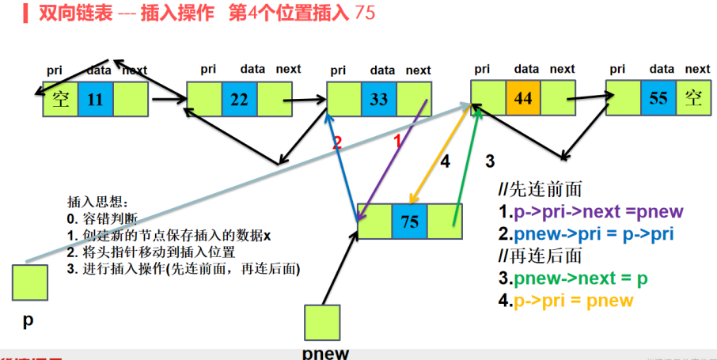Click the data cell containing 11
tap(95, 100)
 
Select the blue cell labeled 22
tap(239, 100)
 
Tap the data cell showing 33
tap(379, 100)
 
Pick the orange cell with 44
tap(523, 99)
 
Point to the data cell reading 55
tap(658, 99)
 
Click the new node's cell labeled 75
tap(409, 221)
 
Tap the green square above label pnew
tap(322, 324)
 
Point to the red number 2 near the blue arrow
tap(336, 143)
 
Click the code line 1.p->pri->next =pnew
tap(590, 212)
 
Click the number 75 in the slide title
tap(366, 13)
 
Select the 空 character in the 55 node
tap(694, 99)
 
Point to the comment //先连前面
tap(541, 190)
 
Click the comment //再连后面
tap(541, 256)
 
